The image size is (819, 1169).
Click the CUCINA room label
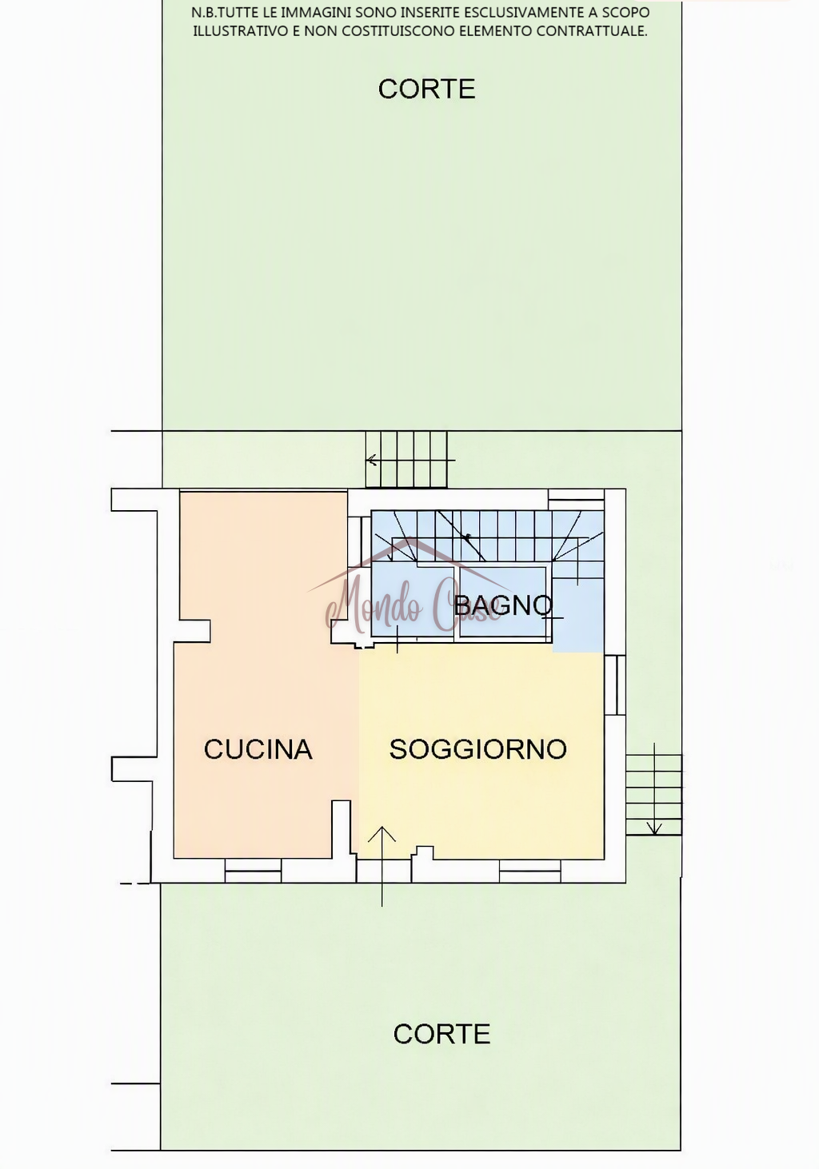pyautogui.click(x=258, y=749)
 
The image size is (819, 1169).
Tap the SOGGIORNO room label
pyautogui.click(x=478, y=749)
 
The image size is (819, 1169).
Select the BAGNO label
pyautogui.click(x=502, y=605)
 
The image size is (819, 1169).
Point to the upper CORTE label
pyautogui.click(x=426, y=89)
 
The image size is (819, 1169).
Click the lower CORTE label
pyautogui.click(x=441, y=1034)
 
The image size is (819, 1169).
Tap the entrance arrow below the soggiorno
pyautogui.click(x=382, y=866)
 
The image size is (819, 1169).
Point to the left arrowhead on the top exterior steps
pyautogui.click(x=372, y=460)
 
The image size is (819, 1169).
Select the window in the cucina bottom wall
pyautogui.click(x=254, y=871)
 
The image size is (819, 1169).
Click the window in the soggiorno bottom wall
pyautogui.click(x=529, y=871)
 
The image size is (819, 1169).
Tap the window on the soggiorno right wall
pyautogui.click(x=615, y=684)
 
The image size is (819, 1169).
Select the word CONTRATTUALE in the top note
pyautogui.click(x=592, y=31)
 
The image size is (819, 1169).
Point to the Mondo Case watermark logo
pyautogui.click(x=413, y=592)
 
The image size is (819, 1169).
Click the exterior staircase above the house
pyautogui.click(x=406, y=459)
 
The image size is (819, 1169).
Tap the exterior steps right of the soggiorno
pyautogui.click(x=654, y=794)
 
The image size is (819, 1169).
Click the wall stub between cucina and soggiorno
pyautogui.click(x=342, y=830)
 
